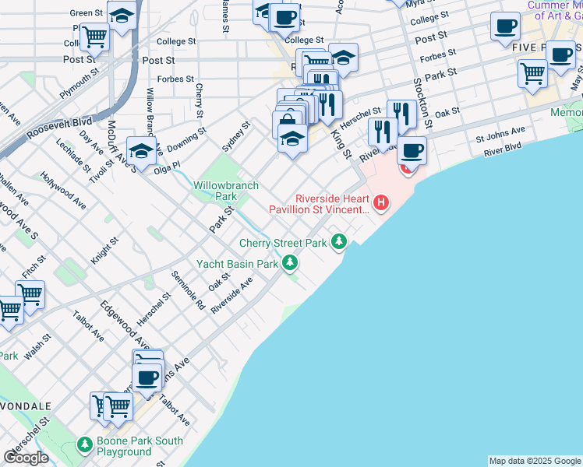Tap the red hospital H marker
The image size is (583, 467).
[x=381, y=204]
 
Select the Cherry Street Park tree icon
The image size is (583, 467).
[x=338, y=243]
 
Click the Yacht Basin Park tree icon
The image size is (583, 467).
[x=290, y=263]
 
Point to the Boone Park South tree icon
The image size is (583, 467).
[x=86, y=445]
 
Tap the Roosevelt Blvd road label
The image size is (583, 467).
[x=59, y=129]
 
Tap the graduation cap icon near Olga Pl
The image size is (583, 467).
[x=142, y=150]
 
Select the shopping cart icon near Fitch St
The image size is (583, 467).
[x=30, y=294]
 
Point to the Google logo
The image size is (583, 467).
[x=26, y=458]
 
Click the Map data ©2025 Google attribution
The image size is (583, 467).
[x=535, y=461]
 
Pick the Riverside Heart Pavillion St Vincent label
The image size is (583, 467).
[x=320, y=204]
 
